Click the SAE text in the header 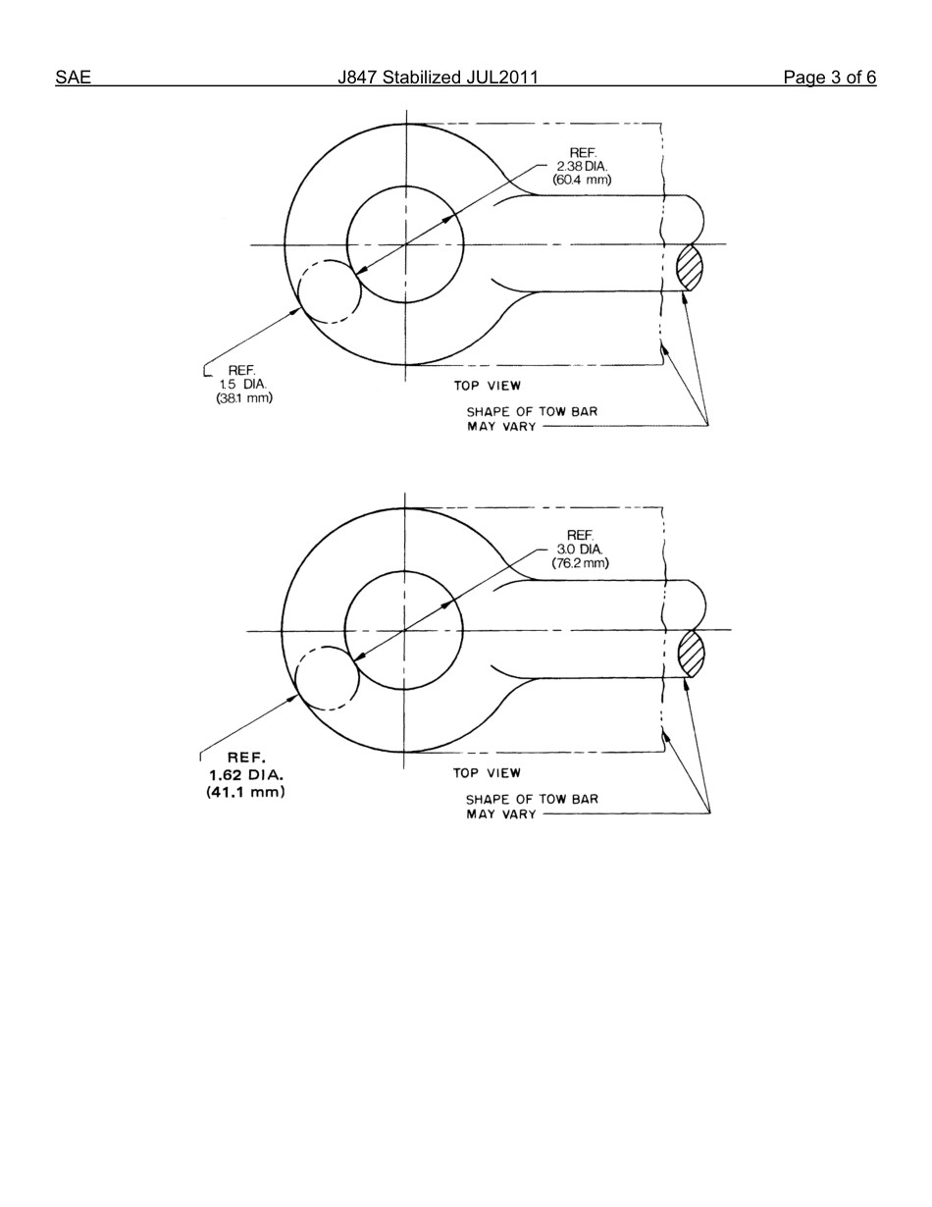[73, 78]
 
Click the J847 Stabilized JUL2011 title [438, 78]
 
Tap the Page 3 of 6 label [829, 78]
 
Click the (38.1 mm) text [244, 397]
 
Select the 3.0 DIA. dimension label [580, 550]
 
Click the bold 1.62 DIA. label [246, 774]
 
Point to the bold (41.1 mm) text [246, 791]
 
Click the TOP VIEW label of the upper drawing [488, 386]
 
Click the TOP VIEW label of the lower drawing [487, 772]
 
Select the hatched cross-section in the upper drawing [690, 268]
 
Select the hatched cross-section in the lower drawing [692, 654]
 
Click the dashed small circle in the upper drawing [330, 291]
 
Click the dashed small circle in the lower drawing [328, 678]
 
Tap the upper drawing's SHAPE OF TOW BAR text [532, 411]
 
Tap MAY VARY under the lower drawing [501, 814]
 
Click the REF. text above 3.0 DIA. [580, 535]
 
